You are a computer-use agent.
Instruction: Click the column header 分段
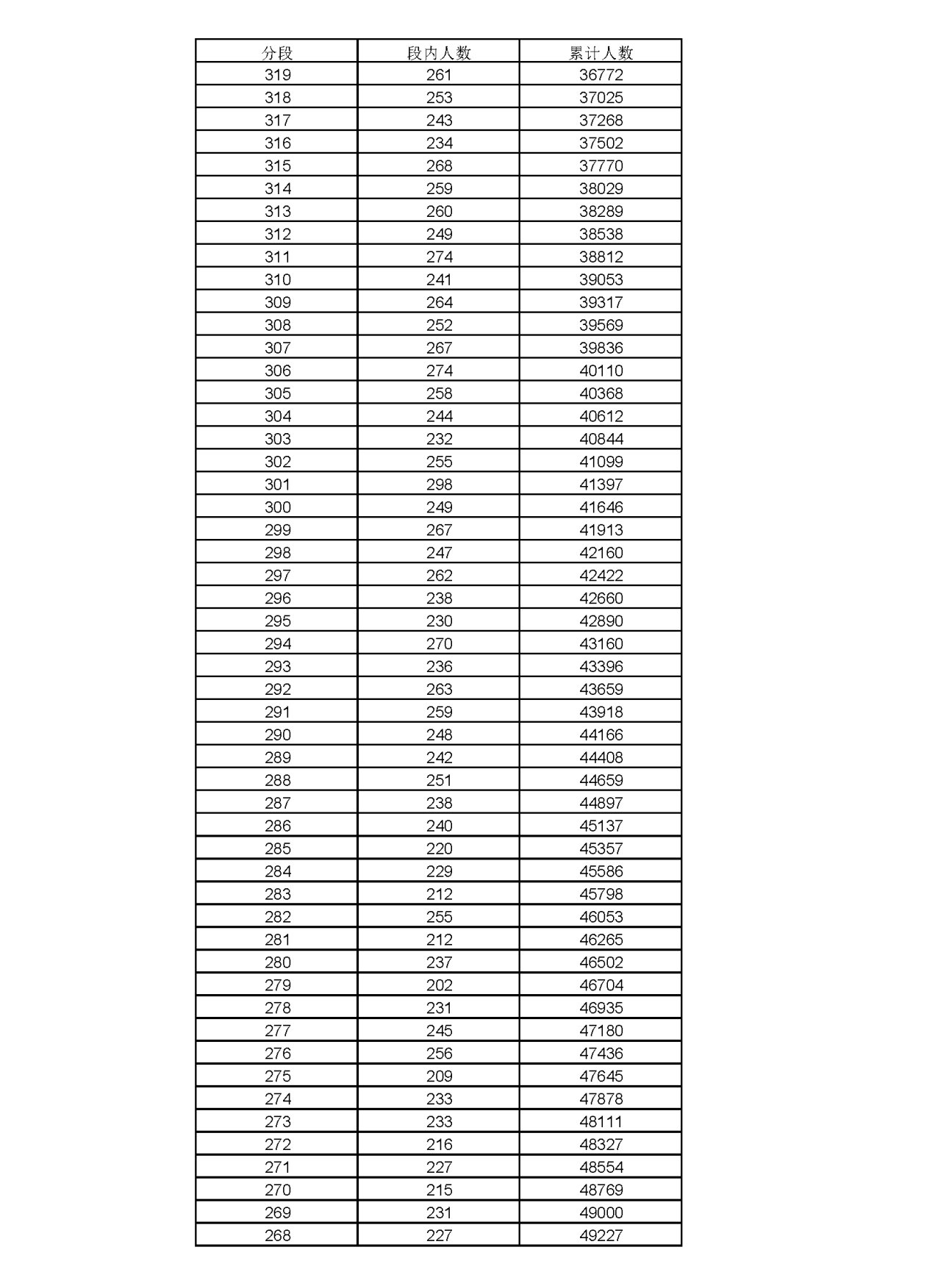click(277, 52)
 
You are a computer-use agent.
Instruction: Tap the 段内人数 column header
click(439, 52)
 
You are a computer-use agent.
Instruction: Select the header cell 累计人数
click(601, 52)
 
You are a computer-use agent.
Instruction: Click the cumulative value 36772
click(601, 75)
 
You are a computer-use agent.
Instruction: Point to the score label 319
click(277, 75)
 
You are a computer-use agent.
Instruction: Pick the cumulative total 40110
click(601, 371)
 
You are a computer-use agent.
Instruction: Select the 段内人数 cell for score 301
click(439, 485)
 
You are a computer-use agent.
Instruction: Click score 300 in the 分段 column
click(277, 507)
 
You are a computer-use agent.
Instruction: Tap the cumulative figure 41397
click(601, 485)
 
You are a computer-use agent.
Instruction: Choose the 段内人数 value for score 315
click(439, 166)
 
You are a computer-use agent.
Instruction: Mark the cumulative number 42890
click(601, 621)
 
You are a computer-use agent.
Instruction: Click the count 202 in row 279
click(439, 985)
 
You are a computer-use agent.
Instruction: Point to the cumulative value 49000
click(601, 1212)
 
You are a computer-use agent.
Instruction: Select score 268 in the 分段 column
click(277, 1235)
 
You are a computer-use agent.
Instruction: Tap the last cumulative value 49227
click(601, 1235)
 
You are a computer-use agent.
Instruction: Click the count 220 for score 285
click(439, 848)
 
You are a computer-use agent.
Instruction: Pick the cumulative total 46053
click(601, 917)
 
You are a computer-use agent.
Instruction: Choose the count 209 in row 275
click(439, 1076)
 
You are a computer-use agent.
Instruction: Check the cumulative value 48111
click(601, 1122)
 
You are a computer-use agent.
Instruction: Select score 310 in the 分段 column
click(277, 279)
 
